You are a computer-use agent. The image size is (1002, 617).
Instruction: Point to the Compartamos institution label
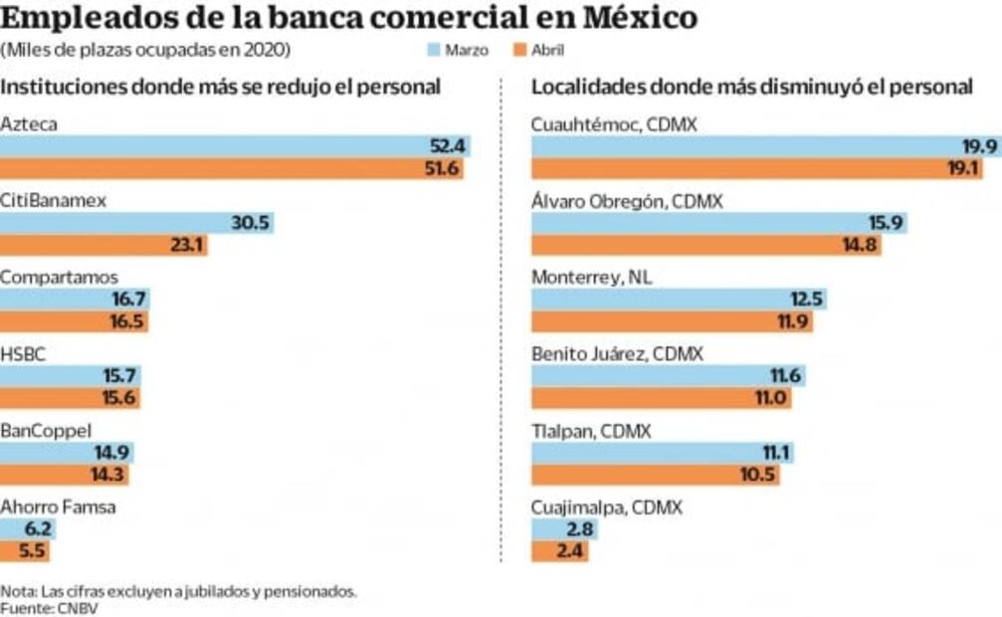[59, 278]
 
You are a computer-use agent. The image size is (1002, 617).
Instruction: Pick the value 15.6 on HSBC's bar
[120, 398]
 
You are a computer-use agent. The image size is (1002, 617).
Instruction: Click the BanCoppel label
[46, 431]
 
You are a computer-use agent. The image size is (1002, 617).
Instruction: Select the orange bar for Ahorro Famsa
[24, 551]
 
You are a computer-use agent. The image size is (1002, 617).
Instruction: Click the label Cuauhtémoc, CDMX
[614, 124]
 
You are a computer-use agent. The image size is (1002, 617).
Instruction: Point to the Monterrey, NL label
[591, 278]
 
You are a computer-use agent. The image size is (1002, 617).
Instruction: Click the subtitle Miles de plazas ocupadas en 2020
[146, 50]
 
